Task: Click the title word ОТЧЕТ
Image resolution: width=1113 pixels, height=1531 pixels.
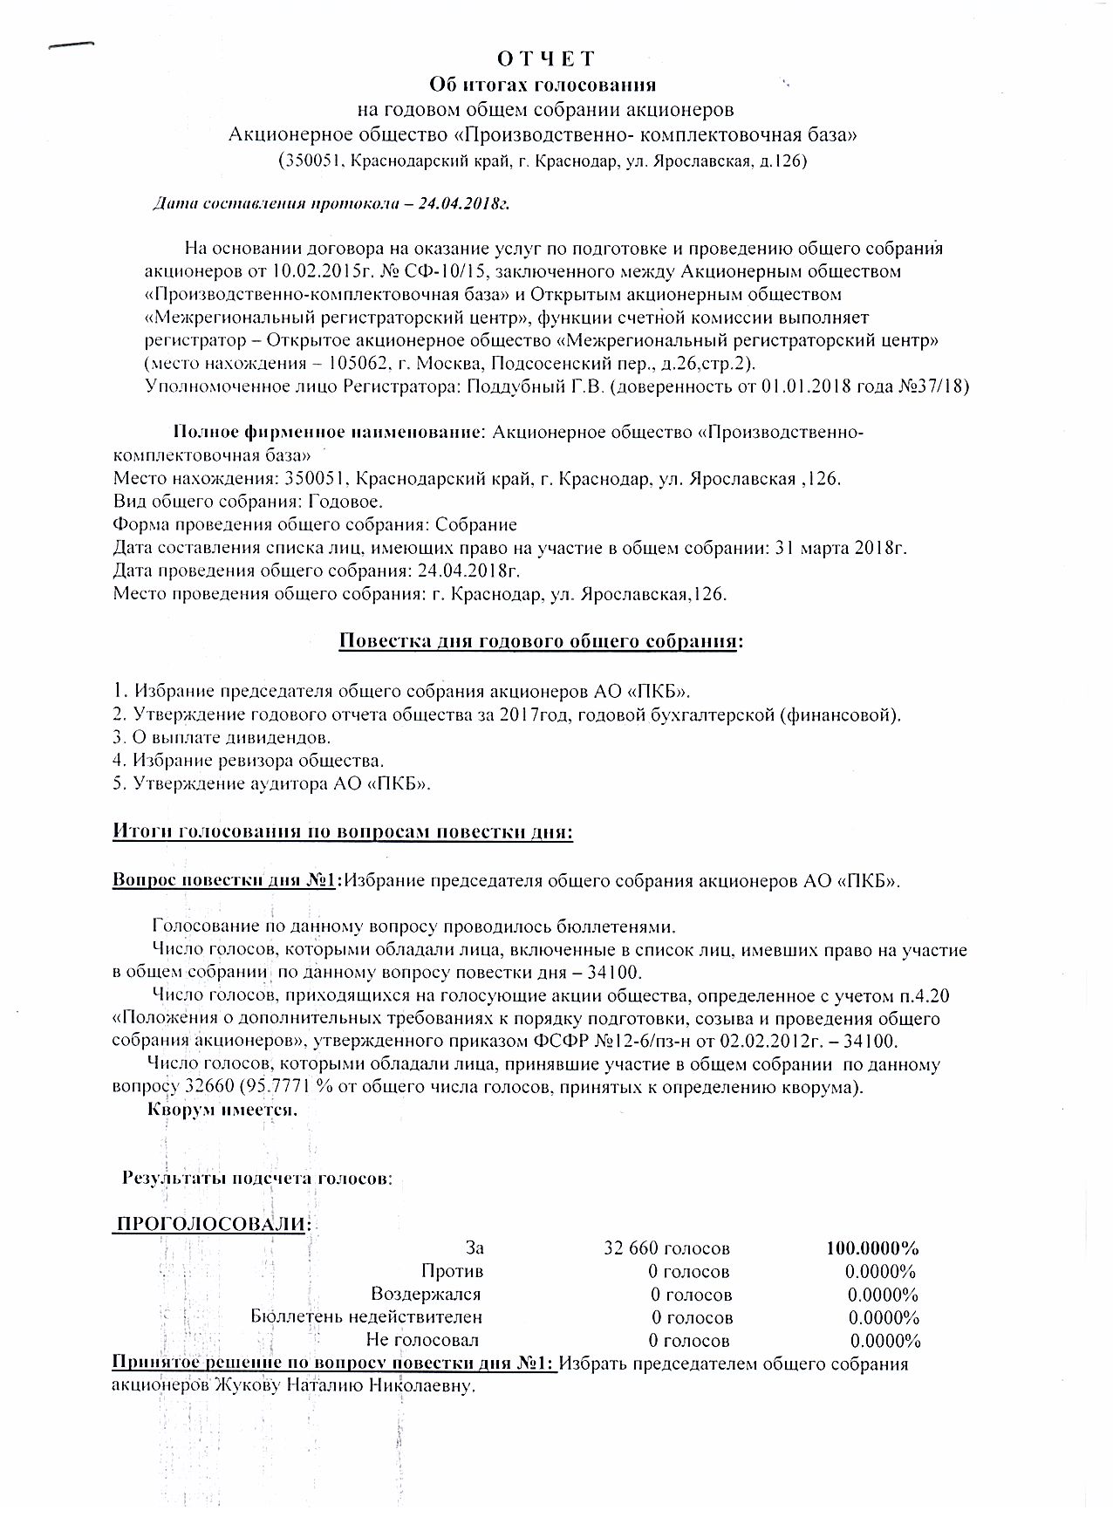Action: click(546, 58)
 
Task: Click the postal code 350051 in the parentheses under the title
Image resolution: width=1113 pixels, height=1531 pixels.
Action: click(308, 161)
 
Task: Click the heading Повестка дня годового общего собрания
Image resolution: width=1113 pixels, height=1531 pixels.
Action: click(541, 641)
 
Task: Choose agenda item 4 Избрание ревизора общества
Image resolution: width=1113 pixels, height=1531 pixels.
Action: click(249, 760)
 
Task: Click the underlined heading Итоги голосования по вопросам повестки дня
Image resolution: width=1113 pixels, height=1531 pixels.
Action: click(343, 831)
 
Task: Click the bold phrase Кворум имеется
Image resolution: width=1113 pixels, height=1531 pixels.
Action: click(222, 1111)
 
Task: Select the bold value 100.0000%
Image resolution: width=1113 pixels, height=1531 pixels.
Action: click(872, 1248)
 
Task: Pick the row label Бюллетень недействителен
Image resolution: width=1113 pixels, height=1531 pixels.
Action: click(366, 1316)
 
